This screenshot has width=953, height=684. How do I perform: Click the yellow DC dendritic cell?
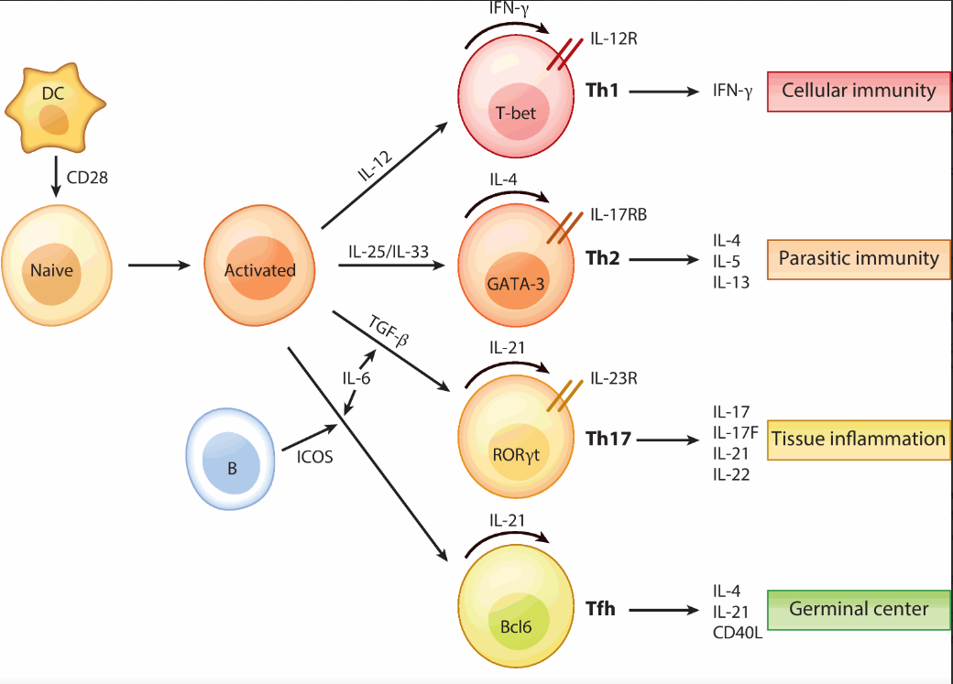pos(55,111)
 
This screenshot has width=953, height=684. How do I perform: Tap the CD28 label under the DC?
pos(88,178)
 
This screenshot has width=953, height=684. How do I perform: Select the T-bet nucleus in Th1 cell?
pos(515,113)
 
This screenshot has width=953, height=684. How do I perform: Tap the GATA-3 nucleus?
pos(516,283)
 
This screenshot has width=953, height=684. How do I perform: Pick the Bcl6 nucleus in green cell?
pos(516,626)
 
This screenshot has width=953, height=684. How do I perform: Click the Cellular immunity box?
pos(858,90)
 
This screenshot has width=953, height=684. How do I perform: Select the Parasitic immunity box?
pos(858,258)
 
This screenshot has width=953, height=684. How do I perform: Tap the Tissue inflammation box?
pos(858,439)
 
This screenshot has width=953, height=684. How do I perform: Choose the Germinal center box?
pos(858,609)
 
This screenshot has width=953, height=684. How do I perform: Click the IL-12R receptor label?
pos(615,39)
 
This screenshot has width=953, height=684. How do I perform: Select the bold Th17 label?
pos(608,439)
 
